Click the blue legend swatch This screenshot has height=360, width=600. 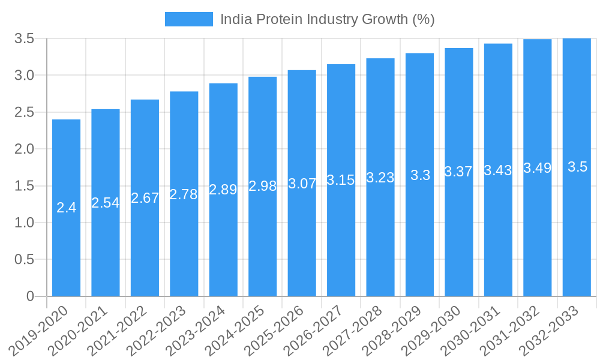[x=188, y=19]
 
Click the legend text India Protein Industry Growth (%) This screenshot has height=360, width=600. [x=327, y=19]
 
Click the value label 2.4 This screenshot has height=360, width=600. [x=66, y=208]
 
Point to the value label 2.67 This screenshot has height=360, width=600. [x=145, y=198]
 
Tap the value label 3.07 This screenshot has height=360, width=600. [x=302, y=184]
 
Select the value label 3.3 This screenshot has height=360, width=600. [x=420, y=175]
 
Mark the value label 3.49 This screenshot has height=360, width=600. [x=538, y=168]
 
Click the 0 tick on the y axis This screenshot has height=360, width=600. [x=31, y=296]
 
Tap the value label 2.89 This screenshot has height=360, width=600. [x=223, y=190]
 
